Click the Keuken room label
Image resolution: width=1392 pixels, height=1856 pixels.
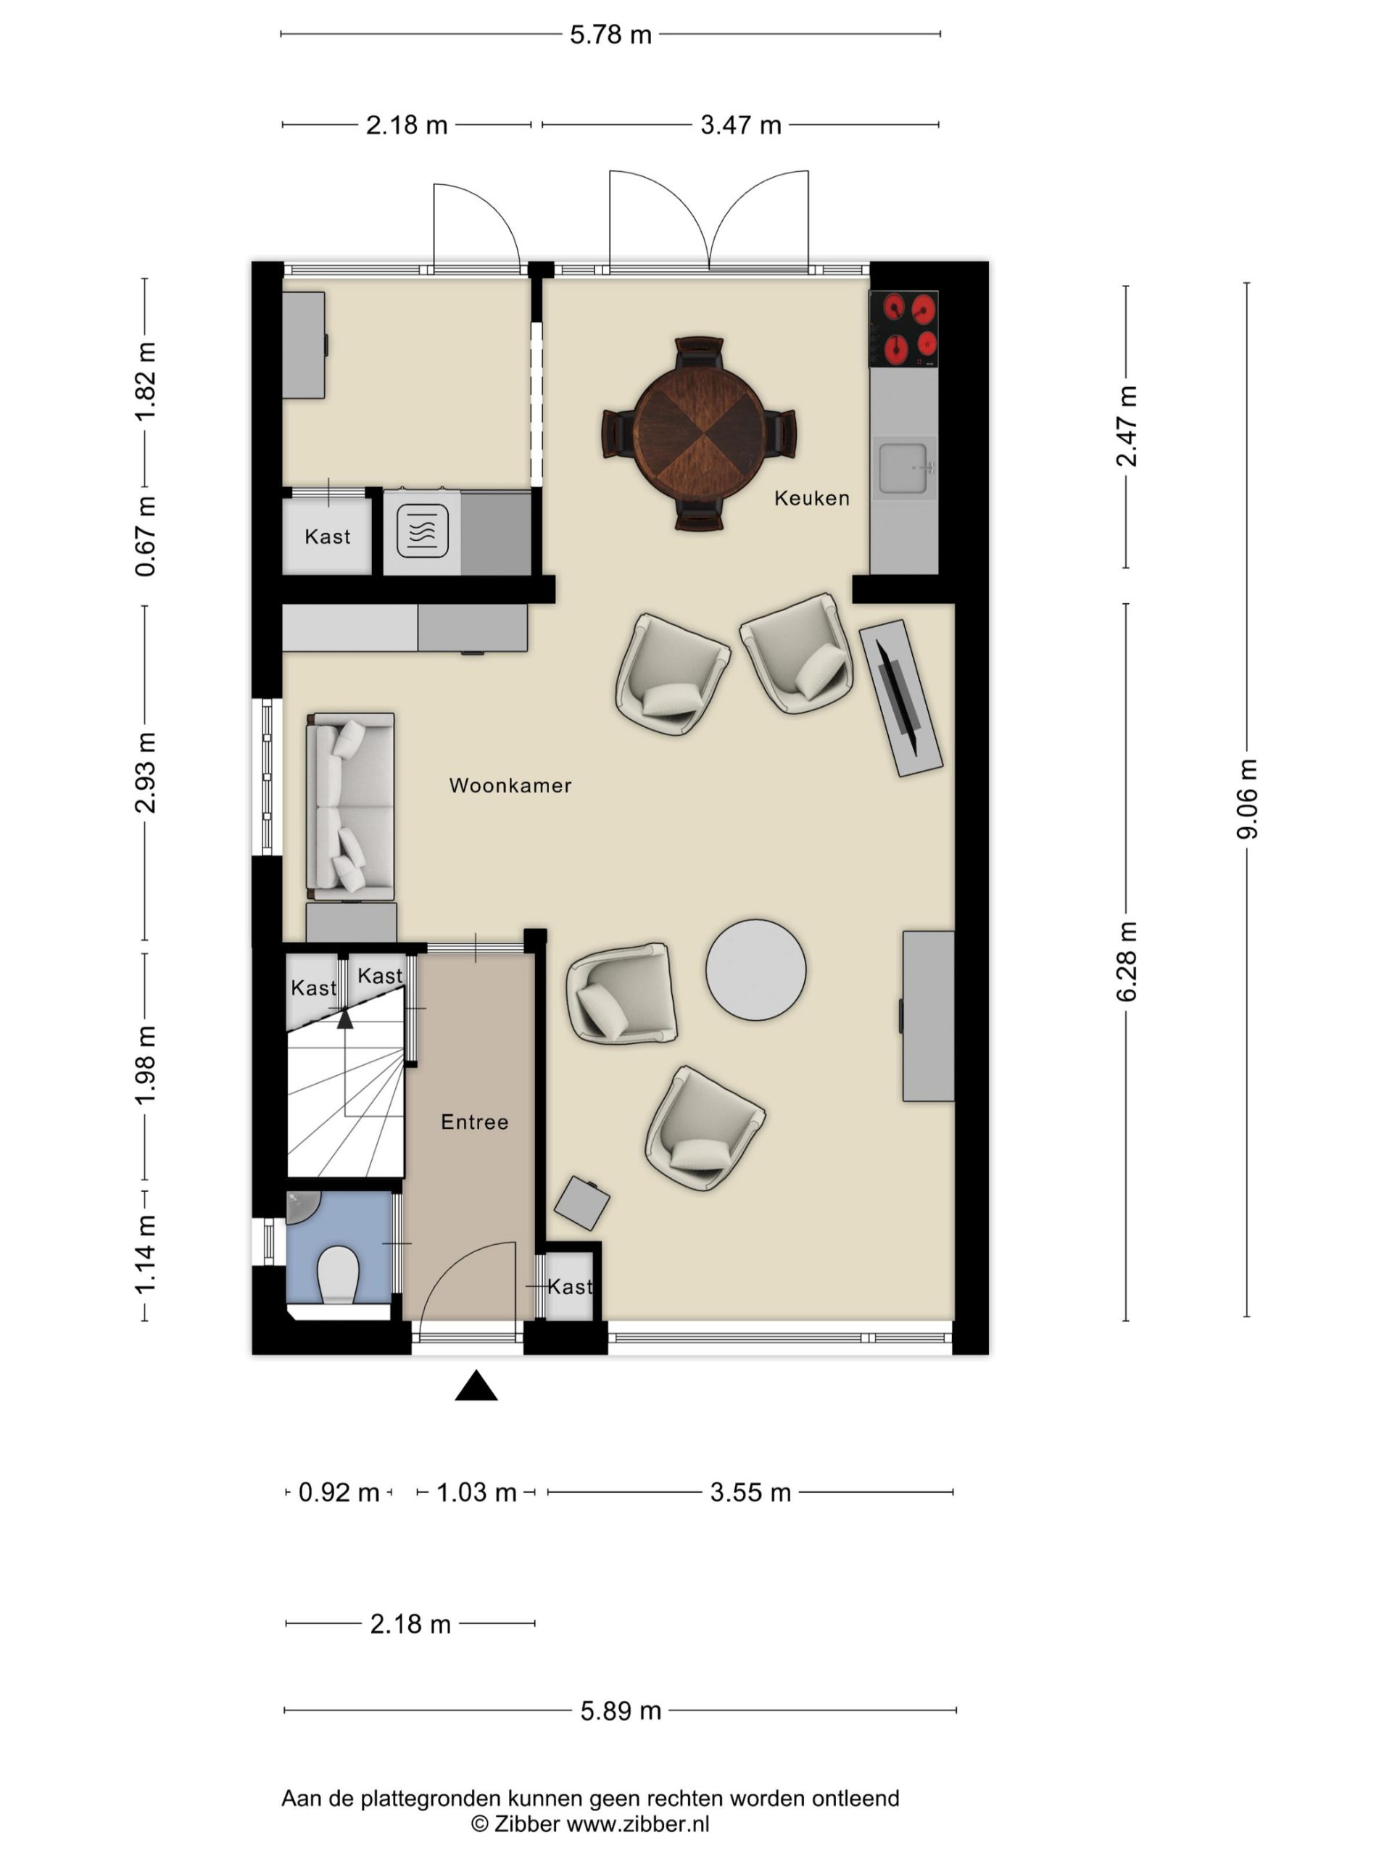pyautogui.click(x=811, y=498)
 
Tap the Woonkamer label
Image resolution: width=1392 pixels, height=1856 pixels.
pyautogui.click(x=510, y=785)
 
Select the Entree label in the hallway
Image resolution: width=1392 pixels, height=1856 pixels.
pyautogui.click(x=475, y=1122)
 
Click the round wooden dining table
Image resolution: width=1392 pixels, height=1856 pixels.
pyautogui.click(x=699, y=434)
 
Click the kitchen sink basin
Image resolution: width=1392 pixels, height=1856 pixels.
pyautogui.click(x=903, y=468)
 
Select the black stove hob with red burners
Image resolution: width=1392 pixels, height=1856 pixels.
pyautogui.click(x=903, y=329)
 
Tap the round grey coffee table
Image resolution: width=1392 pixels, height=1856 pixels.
pyautogui.click(x=756, y=970)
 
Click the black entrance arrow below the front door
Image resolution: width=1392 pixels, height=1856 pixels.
pyautogui.click(x=476, y=1385)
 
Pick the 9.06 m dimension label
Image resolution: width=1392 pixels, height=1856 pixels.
pyautogui.click(x=1247, y=798)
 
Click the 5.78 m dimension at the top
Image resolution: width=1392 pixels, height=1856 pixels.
pyautogui.click(x=611, y=34)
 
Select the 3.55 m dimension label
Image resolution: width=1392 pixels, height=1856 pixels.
pyautogui.click(x=750, y=1493)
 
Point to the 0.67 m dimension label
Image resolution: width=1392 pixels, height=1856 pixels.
pyautogui.click(x=145, y=536)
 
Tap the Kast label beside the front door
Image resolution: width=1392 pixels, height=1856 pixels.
pyautogui.click(x=570, y=1286)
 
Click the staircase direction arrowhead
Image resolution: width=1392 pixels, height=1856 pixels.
pyautogui.click(x=345, y=1019)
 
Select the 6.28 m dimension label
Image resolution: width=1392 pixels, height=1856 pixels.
pyautogui.click(x=1126, y=961)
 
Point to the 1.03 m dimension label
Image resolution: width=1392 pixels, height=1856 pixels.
pyautogui.click(x=476, y=1493)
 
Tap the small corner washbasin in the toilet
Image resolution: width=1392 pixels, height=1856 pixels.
pyautogui.click(x=299, y=1206)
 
